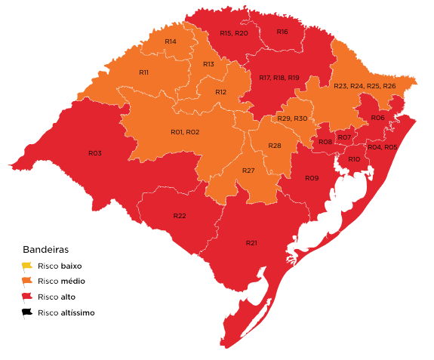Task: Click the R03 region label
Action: click(x=94, y=153)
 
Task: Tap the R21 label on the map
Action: click(x=251, y=243)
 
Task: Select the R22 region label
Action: click(x=180, y=216)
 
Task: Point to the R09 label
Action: click(x=312, y=178)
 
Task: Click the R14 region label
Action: click(x=171, y=41)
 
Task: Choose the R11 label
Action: click(x=143, y=72)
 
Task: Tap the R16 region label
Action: click(x=282, y=32)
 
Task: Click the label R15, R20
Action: click(x=234, y=33)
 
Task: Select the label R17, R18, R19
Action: click(x=279, y=78)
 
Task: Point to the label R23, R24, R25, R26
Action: click(x=365, y=86)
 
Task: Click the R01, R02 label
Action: click(x=185, y=132)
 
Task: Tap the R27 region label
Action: click(x=248, y=171)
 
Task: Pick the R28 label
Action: click(x=275, y=145)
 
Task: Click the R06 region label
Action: click(x=377, y=118)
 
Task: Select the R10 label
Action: click(x=354, y=159)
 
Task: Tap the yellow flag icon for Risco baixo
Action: click(x=27, y=266)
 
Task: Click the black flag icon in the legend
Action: click(x=27, y=312)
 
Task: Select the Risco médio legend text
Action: click(x=61, y=282)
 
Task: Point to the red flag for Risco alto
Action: click(x=27, y=297)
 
